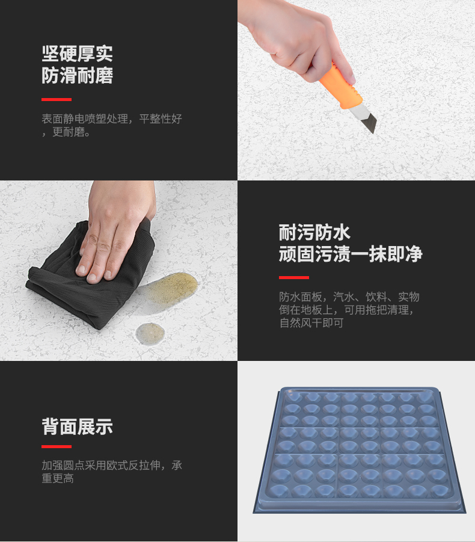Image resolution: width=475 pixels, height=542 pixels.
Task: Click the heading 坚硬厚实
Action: click(78, 54)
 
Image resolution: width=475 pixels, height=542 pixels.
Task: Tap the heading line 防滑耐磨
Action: click(78, 75)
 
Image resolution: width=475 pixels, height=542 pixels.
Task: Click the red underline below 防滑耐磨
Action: click(57, 99)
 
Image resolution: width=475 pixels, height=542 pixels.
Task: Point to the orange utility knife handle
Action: click(340, 86)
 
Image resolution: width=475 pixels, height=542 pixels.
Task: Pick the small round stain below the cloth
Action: click(150, 333)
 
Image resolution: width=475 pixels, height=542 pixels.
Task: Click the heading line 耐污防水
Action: click(314, 232)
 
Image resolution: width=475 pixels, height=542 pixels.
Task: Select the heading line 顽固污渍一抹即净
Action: click(351, 254)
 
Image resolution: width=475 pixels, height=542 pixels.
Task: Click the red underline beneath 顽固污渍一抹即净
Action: click(293, 277)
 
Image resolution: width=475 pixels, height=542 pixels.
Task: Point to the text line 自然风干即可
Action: click(311, 323)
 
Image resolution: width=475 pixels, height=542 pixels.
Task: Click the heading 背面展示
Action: click(78, 427)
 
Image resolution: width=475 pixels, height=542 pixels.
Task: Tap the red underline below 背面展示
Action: click(57, 446)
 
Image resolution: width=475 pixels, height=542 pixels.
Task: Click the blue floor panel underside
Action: click(360, 449)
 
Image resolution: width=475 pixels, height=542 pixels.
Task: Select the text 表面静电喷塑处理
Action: click(85, 119)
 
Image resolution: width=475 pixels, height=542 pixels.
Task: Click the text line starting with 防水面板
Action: click(349, 297)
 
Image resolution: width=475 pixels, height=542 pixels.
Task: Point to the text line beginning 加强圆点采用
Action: click(112, 465)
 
